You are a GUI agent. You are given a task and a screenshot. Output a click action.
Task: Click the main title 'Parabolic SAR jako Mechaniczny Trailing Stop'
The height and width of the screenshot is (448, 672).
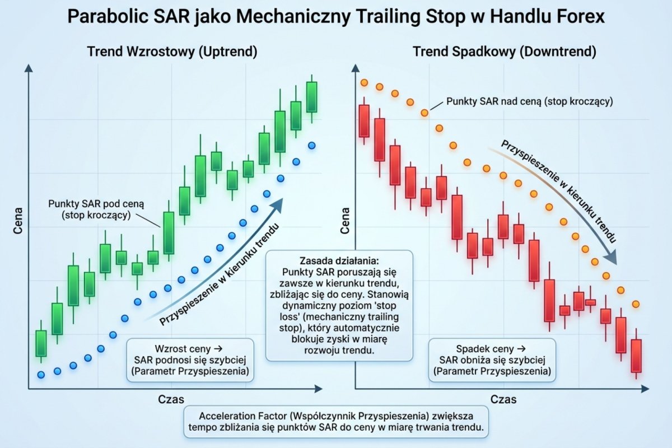(336, 17)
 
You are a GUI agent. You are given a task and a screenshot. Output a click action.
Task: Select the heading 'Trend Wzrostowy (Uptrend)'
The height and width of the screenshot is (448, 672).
(172, 52)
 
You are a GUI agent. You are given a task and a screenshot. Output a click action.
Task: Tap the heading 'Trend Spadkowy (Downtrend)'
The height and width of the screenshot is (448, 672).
(504, 52)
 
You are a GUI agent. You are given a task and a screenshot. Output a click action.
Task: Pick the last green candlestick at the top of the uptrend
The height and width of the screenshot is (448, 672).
(311, 97)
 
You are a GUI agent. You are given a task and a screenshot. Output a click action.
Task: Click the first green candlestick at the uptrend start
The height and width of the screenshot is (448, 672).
(40, 343)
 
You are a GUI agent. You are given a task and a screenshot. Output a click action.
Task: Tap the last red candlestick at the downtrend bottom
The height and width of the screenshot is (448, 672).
(636, 356)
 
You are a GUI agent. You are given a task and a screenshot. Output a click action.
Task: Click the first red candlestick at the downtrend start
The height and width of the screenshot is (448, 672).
(364, 120)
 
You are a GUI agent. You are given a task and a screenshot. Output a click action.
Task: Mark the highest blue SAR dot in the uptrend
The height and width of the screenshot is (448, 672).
(312, 146)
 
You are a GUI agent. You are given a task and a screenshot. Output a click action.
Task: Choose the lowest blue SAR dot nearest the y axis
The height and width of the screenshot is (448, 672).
(40, 375)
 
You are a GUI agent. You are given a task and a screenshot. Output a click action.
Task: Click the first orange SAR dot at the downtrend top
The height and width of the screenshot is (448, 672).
(364, 83)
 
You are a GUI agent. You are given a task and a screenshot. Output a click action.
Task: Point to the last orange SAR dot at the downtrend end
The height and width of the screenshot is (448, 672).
(636, 304)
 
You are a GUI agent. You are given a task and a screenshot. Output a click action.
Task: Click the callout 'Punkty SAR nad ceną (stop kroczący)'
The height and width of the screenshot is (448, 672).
(530, 102)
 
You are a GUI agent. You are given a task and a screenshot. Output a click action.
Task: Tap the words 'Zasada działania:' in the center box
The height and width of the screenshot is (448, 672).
(339, 262)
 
